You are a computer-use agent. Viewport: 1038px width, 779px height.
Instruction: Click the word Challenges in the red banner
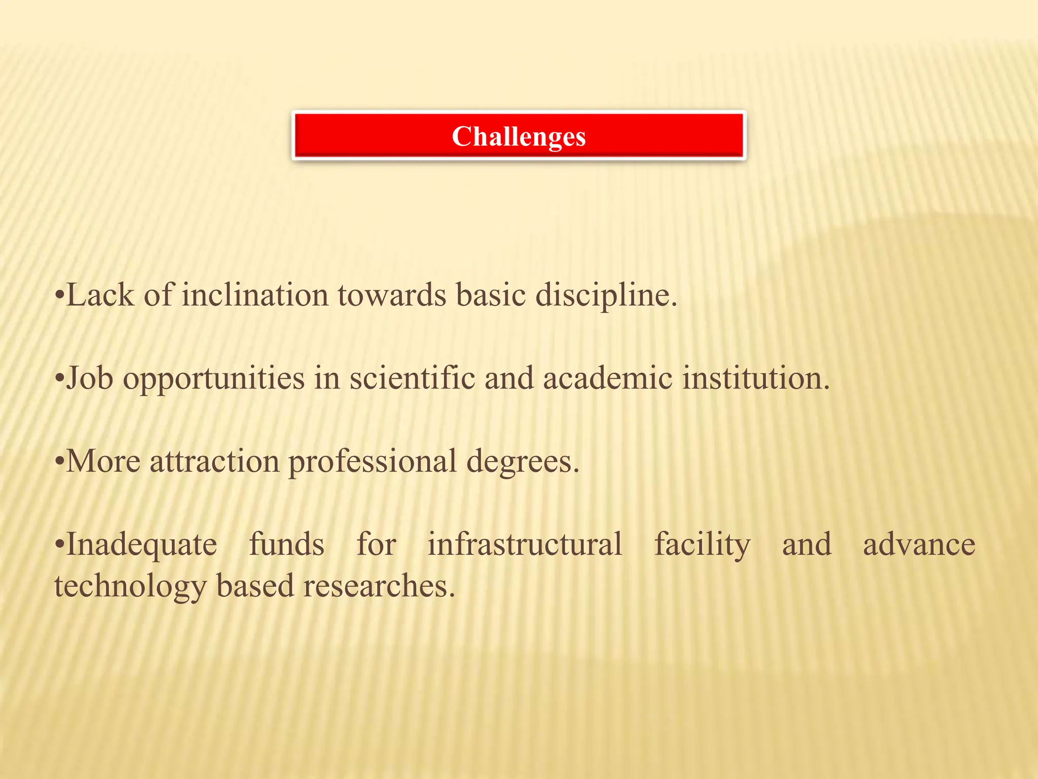[x=518, y=137]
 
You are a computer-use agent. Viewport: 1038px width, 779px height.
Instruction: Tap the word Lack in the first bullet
[x=100, y=295]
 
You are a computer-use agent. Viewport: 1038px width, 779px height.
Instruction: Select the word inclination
[x=255, y=295]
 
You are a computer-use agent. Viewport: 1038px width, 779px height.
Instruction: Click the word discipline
[x=606, y=295]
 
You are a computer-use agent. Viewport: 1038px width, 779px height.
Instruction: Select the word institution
[x=755, y=378]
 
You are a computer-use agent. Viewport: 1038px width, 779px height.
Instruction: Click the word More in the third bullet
[x=103, y=462]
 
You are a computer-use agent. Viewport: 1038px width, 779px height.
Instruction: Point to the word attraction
[x=214, y=462]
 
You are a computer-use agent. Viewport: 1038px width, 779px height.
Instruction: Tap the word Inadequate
[x=141, y=545]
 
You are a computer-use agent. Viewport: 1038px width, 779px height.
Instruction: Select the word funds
[x=286, y=544]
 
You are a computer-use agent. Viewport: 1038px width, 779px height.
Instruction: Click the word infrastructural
[x=525, y=544]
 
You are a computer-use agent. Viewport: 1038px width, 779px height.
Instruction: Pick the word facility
[x=702, y=545]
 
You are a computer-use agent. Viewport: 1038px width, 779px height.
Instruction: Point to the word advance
[x=919, y=544]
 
